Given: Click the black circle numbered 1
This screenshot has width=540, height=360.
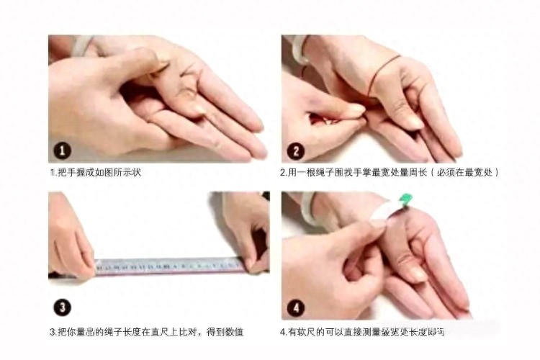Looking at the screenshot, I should [63, 151].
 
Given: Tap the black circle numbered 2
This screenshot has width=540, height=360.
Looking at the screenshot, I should [295, 151].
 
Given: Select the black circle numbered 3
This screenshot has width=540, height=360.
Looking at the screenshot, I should [63, 307].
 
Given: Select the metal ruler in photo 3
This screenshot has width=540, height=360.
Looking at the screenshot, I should [169, 266].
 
